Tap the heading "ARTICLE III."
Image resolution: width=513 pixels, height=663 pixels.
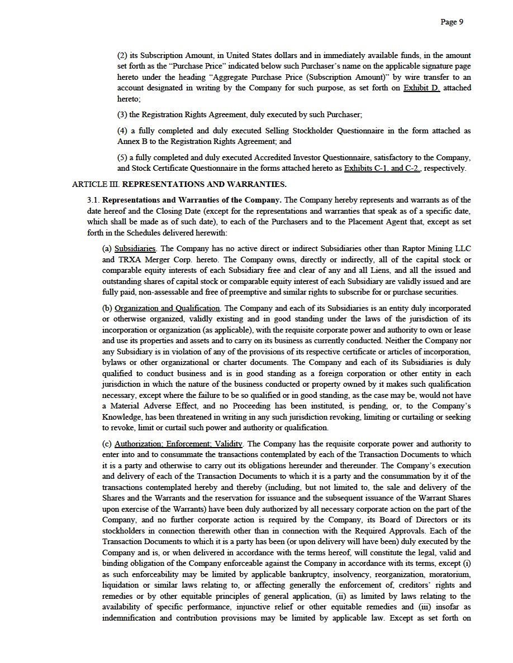96,184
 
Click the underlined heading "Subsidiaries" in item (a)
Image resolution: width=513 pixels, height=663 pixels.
135,249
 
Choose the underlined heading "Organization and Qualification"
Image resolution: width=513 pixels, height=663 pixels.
167,309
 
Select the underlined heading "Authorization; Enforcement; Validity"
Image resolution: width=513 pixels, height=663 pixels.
178,444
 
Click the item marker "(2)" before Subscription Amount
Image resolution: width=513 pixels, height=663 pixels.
122,56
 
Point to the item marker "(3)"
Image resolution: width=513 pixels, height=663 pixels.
122,114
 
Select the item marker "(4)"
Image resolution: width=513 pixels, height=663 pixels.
122,131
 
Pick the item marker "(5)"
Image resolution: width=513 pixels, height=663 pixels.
122,158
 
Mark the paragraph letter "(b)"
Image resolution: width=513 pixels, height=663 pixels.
107,309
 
